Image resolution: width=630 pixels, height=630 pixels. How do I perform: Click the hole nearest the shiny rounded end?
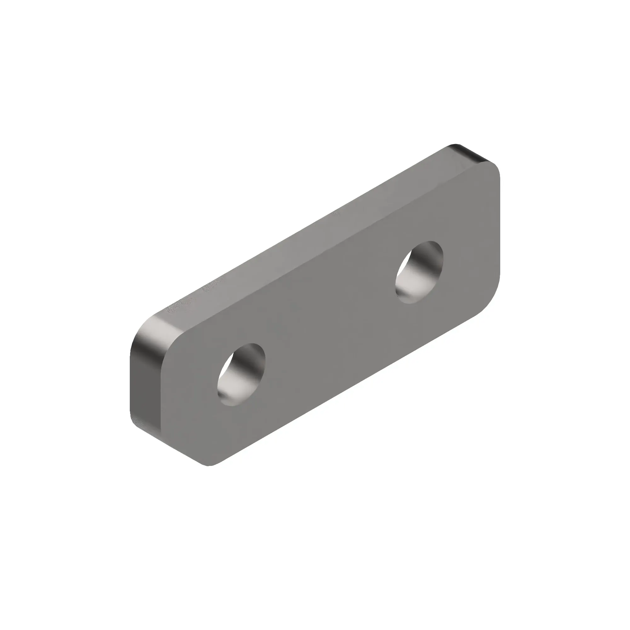pos(241,374)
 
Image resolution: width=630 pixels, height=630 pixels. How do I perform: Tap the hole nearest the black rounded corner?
pos(419,272)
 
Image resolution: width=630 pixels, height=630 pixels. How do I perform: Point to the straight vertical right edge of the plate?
pos(500,228)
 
